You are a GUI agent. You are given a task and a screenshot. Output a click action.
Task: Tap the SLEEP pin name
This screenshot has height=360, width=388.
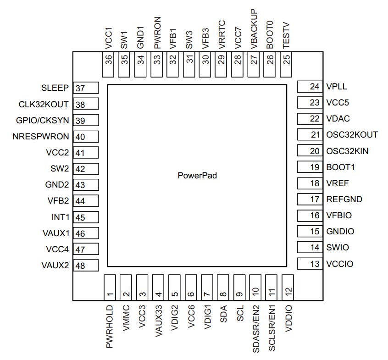click(55, 88)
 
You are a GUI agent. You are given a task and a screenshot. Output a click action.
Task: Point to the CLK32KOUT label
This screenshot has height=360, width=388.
click(44, 105)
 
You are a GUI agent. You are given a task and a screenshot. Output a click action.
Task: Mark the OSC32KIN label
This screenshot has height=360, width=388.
click(347, 151)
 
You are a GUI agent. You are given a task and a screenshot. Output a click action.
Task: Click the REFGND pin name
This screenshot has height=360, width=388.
click(344, 199)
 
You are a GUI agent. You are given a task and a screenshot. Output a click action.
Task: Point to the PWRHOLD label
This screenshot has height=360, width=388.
click(110, 326)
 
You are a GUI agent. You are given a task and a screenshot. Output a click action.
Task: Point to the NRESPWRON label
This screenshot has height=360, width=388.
click(41, 137)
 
